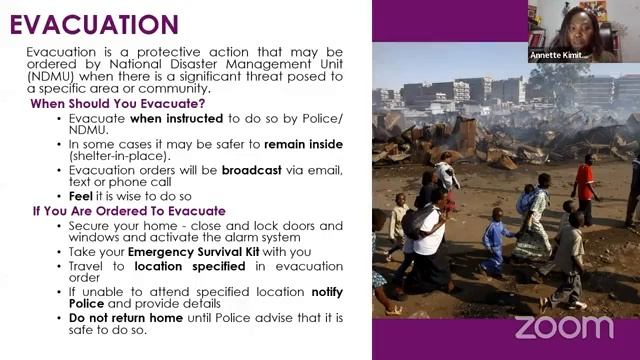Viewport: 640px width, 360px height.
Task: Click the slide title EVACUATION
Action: pos(94,23)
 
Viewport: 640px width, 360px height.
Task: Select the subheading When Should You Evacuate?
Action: pos(117,104)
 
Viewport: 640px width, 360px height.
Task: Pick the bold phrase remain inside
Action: pos(305,145)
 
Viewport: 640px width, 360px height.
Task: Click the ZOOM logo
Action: pos(563,327)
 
